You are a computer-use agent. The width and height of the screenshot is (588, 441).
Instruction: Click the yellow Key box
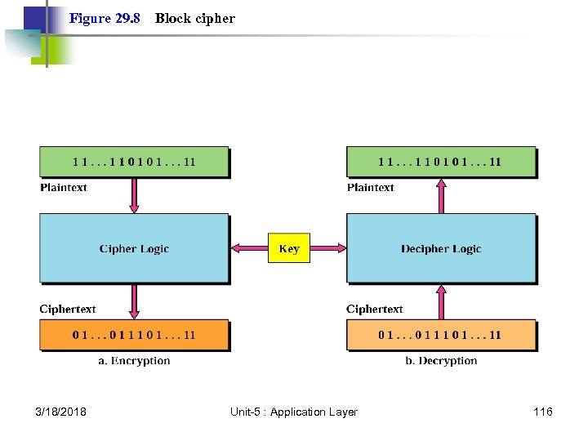pyautogui.click(x=289, y=249)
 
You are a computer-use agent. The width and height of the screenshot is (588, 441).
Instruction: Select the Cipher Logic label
pyautogui.click(x=134, y=249)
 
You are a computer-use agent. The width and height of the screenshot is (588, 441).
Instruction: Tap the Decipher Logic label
pyautogui.click(x=441, y=249)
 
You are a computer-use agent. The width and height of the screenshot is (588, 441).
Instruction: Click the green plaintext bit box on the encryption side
pyautogui.click(x=134, y=162)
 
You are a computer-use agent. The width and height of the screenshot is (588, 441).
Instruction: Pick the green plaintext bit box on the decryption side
pyautogui.click(x=441, y=162)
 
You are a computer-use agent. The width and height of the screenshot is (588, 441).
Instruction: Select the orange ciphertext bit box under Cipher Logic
pyautogui.click(x=134, y=335)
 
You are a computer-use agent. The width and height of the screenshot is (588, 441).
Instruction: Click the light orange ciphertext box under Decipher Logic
pyautogui.click(x=441, y=335)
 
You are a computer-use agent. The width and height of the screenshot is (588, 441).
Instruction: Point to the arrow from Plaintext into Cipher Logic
pyautogui.click(x=134, y=196)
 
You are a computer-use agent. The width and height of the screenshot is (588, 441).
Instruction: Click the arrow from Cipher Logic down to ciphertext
pyautogui.click(x=134, y=301)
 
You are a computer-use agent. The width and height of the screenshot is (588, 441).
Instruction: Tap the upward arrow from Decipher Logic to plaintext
pyautogui.click(x=441, y=196)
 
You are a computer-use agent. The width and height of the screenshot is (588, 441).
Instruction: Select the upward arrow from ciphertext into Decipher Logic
pyautogui.click(x=441, y=301)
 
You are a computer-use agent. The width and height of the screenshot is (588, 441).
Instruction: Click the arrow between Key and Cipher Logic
pyautogui.click(x=248, y=248)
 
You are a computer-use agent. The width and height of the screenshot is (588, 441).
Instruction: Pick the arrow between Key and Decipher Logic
pyautogui.click(x=328, y=248)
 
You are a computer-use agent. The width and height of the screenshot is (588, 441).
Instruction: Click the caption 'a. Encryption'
pyautogui.click(x=134, y=361)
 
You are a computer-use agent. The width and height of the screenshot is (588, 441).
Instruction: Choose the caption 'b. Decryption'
pyautogui.click(x=441, y=361)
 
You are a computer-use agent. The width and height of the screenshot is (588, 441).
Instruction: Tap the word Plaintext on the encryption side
pyautogui.click(x=64, y=188)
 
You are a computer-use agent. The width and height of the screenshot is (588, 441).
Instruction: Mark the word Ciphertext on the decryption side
pyautogui.click(x=374, y=310)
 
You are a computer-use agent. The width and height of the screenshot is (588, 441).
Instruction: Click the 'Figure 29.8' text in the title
pyautogui.click(x=105, y=18)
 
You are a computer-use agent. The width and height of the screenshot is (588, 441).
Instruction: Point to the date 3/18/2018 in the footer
pyautogui.click(x=61, y=412)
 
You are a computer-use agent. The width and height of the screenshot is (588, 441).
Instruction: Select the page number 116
pyautogui.click(x=542, y=412)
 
